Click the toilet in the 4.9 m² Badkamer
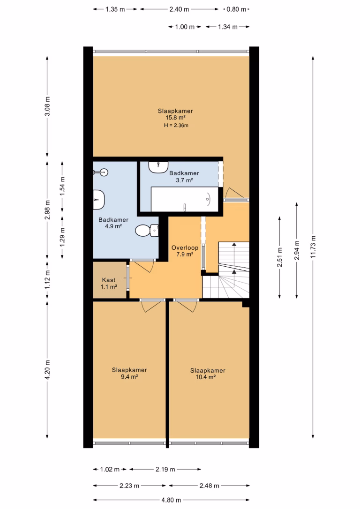click(x=147, y=231)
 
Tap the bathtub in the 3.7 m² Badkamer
click(x=184, y=199)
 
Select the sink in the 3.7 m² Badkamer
click(x=158, y=167)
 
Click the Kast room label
click(x=109, y=280)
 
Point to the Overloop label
click(x=185, y=247)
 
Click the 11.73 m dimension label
click(x=313, y=247)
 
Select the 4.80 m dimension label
click(x=171, y=500)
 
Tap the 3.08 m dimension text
click(x=47, y=106)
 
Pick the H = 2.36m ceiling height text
click(x=176, y=125)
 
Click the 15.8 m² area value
click(x=176, y=118)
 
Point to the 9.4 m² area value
click(x=129, y=377)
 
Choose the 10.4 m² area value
click(x=206, y=377)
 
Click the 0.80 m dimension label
click(x=236, y=9)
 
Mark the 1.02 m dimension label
click(x=110, y=470)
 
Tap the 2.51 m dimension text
click(x=280, y=257)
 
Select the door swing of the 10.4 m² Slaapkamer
click(x=185, y=306)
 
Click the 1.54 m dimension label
click(x=62, y=185)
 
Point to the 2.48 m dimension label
click(x=209, y=486)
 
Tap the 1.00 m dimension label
click(x=185, y=27)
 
